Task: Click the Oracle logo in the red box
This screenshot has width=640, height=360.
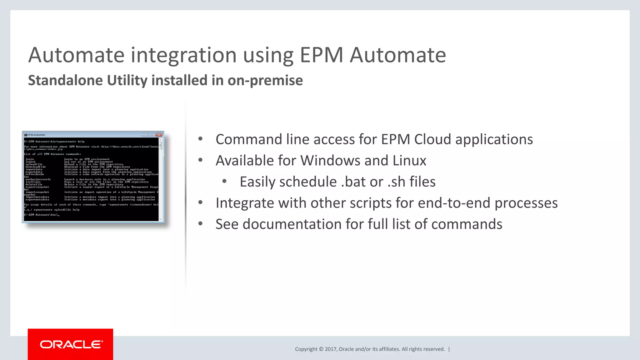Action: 71,344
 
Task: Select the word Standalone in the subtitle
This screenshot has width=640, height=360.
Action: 65,80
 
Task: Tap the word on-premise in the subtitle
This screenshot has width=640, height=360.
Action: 265,80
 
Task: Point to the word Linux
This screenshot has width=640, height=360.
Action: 409,161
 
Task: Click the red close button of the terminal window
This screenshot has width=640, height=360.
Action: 159,135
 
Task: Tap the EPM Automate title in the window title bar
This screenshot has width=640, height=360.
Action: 37,135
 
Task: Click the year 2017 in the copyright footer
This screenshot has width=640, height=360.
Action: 330,349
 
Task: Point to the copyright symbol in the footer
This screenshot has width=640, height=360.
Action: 321,349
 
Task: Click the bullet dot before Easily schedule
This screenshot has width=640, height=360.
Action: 224,181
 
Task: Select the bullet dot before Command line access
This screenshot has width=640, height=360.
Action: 200,139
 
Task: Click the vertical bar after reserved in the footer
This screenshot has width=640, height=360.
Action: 449,349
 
